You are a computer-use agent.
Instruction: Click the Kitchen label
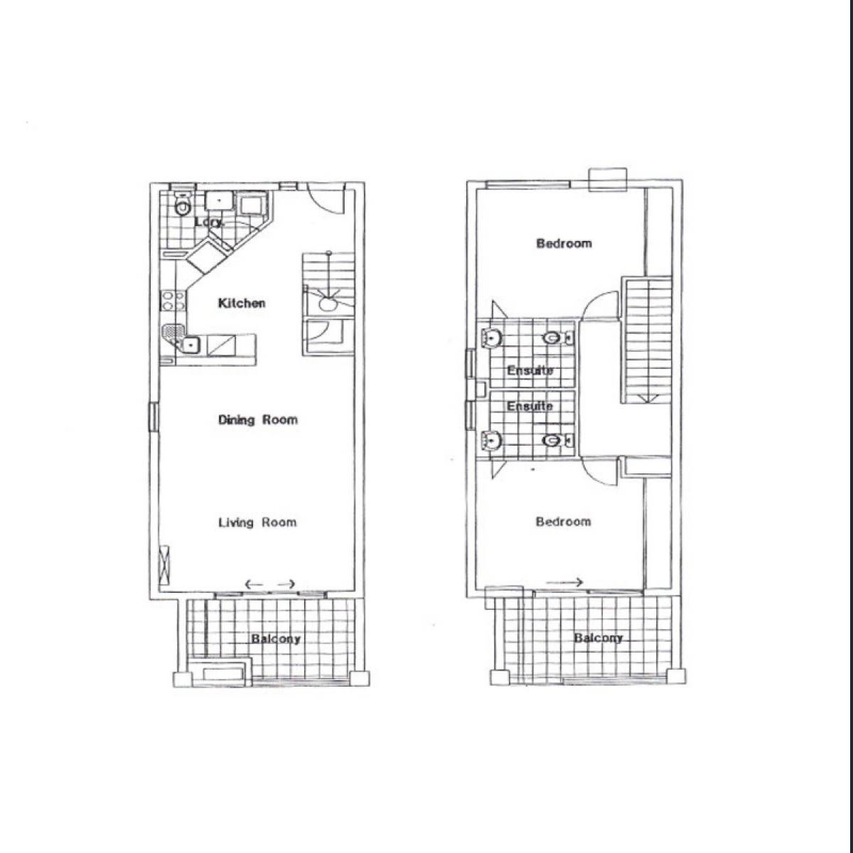pyautogui.click(x=242, y=304)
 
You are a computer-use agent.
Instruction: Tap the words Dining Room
pyautogui.click(x=258, y=419)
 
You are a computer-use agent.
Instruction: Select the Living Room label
pyautogui.click(x=257, y=522)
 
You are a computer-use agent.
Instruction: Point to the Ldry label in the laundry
pyautogui.click(x=209, y=222)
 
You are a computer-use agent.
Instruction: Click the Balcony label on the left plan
pyautogui.click(x=276, y=639)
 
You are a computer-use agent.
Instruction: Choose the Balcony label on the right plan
pyautogui.click(x=598, y=638)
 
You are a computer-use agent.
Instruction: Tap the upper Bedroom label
pyautogui.click(x=564, y=244)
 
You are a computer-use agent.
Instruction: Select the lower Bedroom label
pyautogui.click(x=564, y=522)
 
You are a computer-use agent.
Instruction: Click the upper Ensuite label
pyautogui.click(x=530, y=370)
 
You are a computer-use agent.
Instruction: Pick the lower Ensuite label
pyautogui.click(x=530, y=406)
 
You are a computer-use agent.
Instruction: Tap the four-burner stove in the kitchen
pyautogui.click(x=173, y=300)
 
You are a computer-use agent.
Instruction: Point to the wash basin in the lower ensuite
pyautogui.click(x=491, y=441)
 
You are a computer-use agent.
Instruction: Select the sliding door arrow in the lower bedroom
pyautogui.click(x=565, y=583)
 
